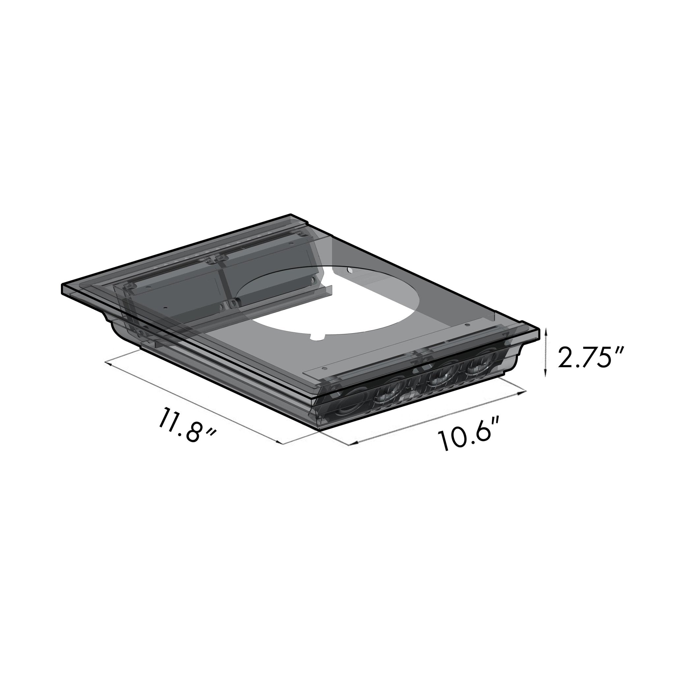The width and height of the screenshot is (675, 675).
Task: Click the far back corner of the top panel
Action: click(x=290, y=215)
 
